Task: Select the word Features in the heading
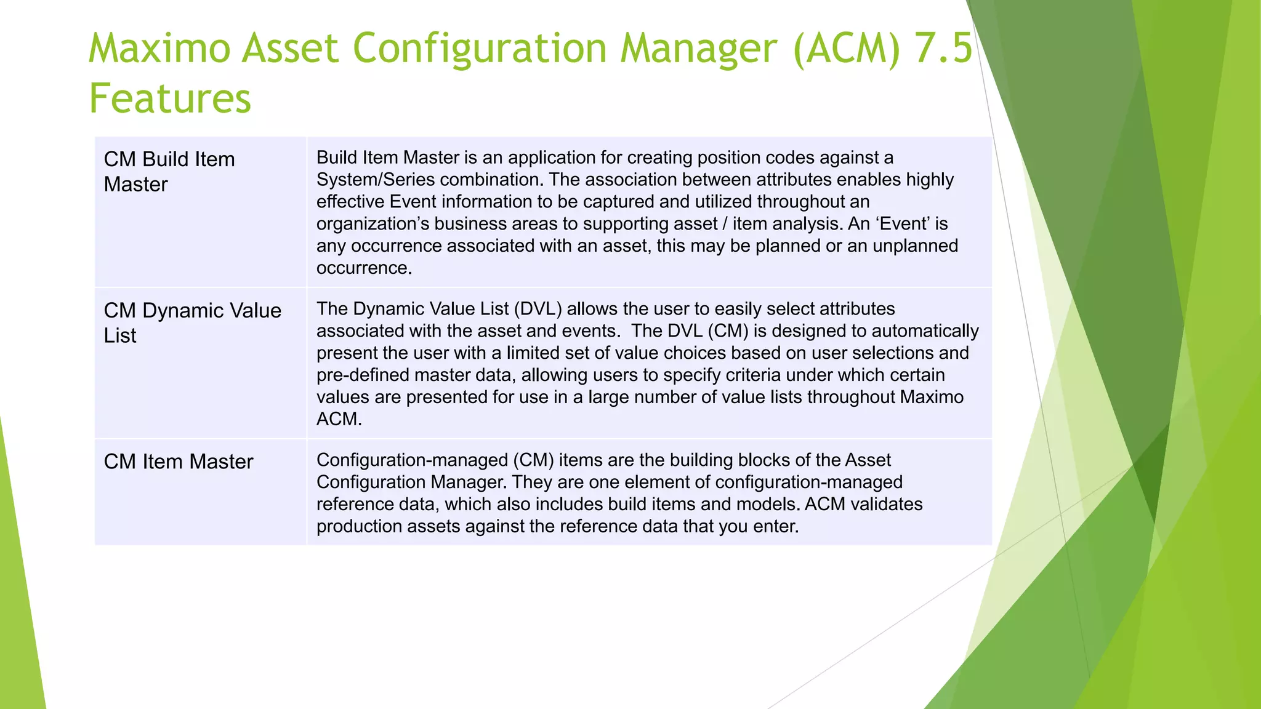click(x=170, y=98)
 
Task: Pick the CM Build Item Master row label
click(x=169, y=172)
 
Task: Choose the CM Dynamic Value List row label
click(x=192, y=322)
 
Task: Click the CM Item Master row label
click(x=178, y=462)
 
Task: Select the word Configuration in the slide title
click(x=480, y=48)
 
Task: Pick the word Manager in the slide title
click(x=699, y=48)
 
